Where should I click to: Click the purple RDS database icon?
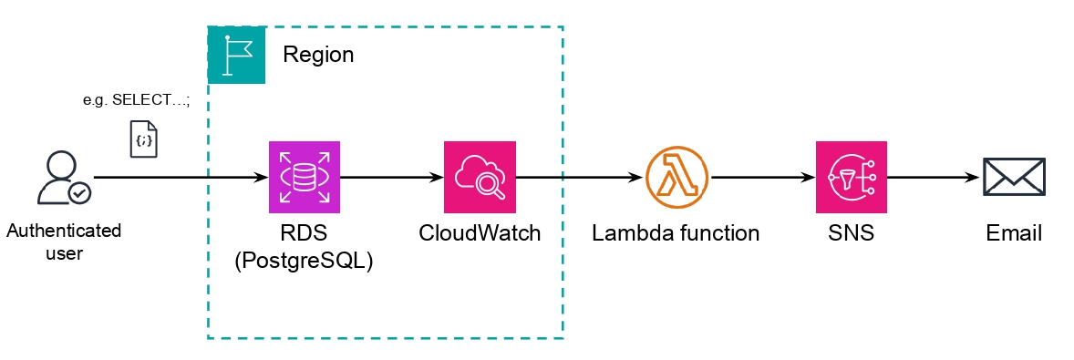pyautogui.click(x=305, y=177)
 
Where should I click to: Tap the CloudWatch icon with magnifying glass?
pyautogui.click(x=480, y=177)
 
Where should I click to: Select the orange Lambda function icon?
pyautogui.click(x=676, y=177)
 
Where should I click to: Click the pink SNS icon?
pyautogui.click(x=852, y=177)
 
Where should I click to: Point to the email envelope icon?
pyautogui.click(x=1013, y=177)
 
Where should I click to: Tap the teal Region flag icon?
pyautogui.click(x=237, y=56)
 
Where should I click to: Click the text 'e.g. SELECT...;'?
pyautogui.click(x=136, y=101)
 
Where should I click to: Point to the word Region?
pyautogui.click(x=317, y=55)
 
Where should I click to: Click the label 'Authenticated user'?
pyautogui.click(x=64, y=242)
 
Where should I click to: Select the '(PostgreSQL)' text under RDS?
pyautogui.click(x=305, y=261)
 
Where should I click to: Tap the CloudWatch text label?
pyautogui.click(x=480, y=233)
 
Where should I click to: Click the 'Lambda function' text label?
pyautogui.click(x=676, y=233)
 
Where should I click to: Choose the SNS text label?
pyautogui.click(x=852, y=233)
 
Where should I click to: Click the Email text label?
pyautogui.click(x=1013, y=233)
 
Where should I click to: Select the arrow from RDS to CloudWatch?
pyautogui.click(x=392, y=177)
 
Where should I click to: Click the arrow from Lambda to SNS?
pyautogui.click(x=762, y=177)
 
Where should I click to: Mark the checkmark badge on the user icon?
pyautogui.click(x=80, y=193)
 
